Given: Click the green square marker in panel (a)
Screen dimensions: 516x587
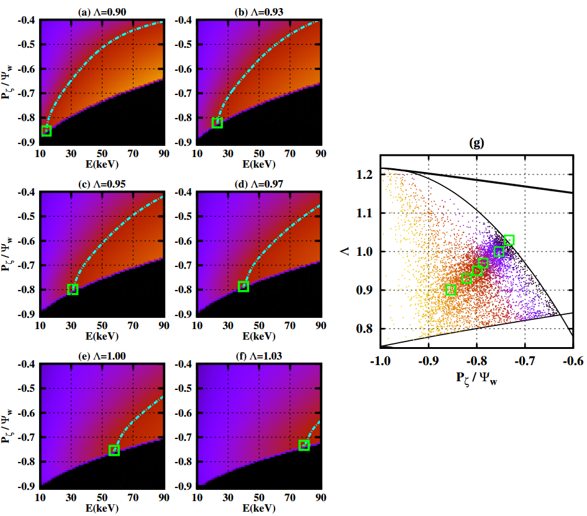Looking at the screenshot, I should click(x=46, y=130).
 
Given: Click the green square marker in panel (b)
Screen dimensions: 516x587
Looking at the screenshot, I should click(x=217, y=122).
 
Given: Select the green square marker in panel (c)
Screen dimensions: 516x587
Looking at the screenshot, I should click(x=73, y=289).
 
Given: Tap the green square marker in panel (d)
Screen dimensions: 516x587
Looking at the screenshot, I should click(x=243, y=286).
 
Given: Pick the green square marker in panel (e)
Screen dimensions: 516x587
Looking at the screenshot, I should click(x=114, y=450).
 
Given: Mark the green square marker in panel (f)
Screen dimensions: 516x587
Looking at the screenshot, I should click(x=304, y=445).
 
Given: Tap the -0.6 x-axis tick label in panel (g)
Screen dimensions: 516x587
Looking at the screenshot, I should click(x=573, y=360).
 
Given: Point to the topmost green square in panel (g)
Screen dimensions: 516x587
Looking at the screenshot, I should click(x=509, y=240).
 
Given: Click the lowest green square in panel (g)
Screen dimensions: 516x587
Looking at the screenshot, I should click(x=451, y=289).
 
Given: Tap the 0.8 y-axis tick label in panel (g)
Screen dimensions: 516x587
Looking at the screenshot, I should click(x=369, y=329).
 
